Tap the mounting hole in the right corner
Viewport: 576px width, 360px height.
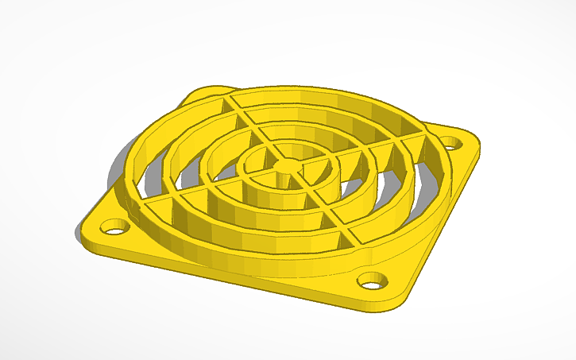click(x=452, y=144)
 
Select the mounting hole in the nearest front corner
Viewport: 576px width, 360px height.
click(x=371, y=281)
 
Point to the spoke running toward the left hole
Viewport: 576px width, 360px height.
click(x=191, y=199)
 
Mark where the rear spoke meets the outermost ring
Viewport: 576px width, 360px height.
click(x=231, y=98)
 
